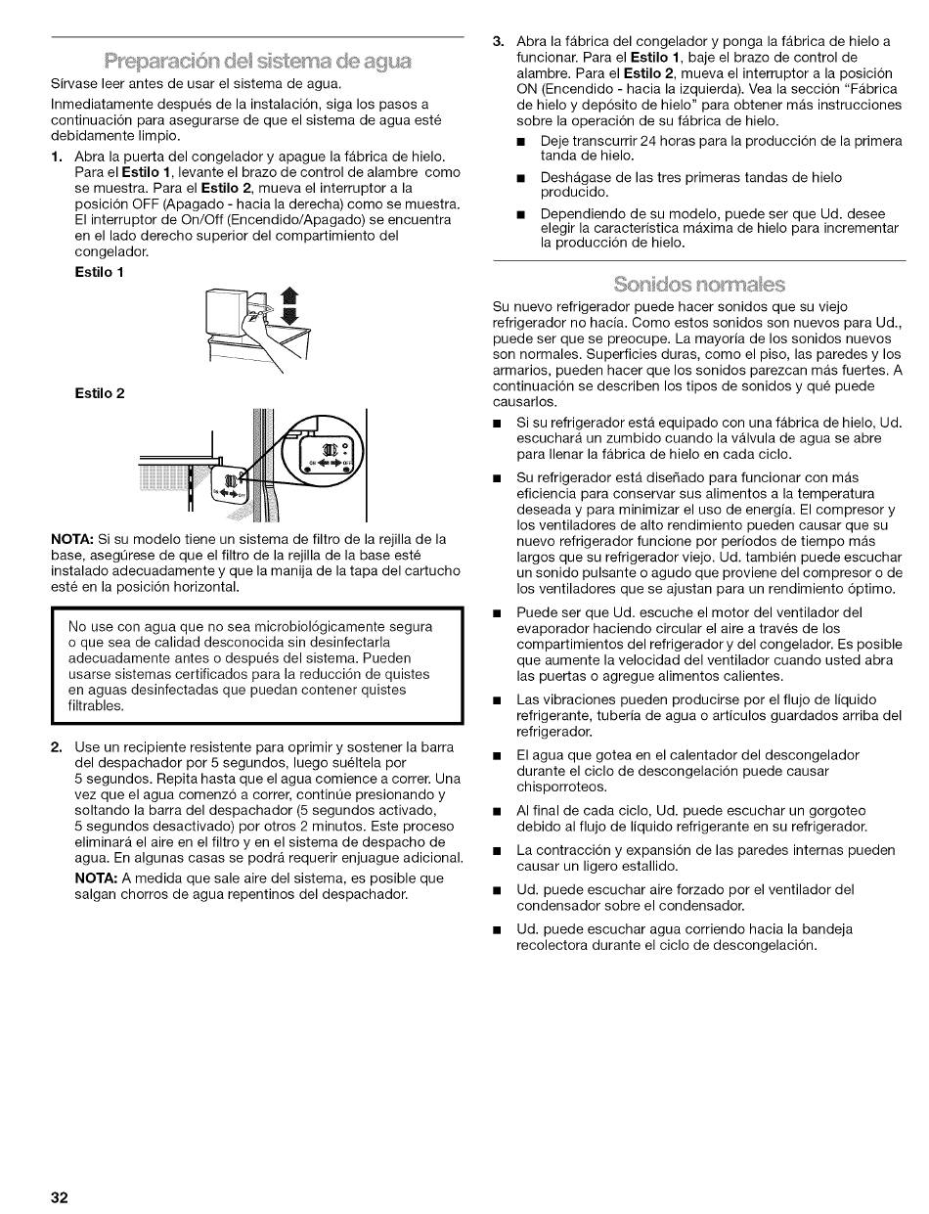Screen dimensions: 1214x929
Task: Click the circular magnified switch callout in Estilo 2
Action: (x=320, y=458)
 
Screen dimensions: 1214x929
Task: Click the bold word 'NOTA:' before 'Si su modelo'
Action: (x=72, y=539)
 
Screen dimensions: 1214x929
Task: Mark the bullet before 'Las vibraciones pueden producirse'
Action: (x=499, y=699)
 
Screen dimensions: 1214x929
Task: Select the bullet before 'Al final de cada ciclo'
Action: (x=499, y=812)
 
